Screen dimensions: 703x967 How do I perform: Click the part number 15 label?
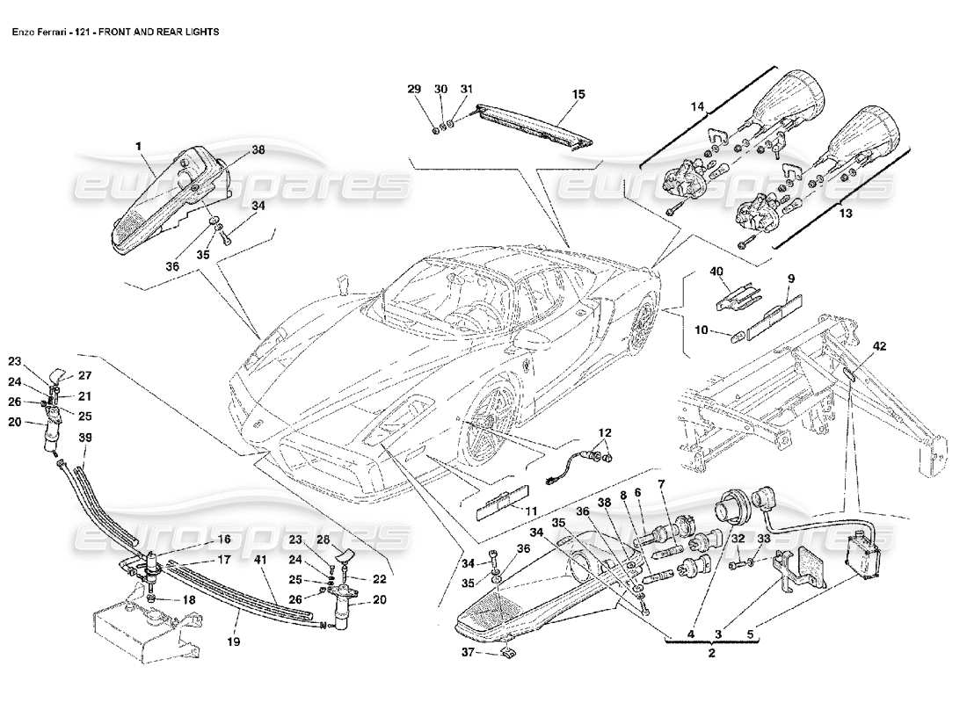(x=578, y=93)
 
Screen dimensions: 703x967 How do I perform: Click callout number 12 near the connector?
(x=606, y=432)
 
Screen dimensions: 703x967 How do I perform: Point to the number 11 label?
(x=530, y=511)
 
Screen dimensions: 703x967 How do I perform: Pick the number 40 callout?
(x=717, y=272)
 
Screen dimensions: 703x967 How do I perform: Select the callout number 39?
(x=85, y=437)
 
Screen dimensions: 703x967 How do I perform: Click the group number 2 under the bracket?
(x=712, y=654)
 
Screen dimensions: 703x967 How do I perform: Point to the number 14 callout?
(x=697, y=105)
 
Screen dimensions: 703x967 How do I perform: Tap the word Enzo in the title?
(x=24, y=31)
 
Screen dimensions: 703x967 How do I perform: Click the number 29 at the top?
(x=413, y=89)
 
